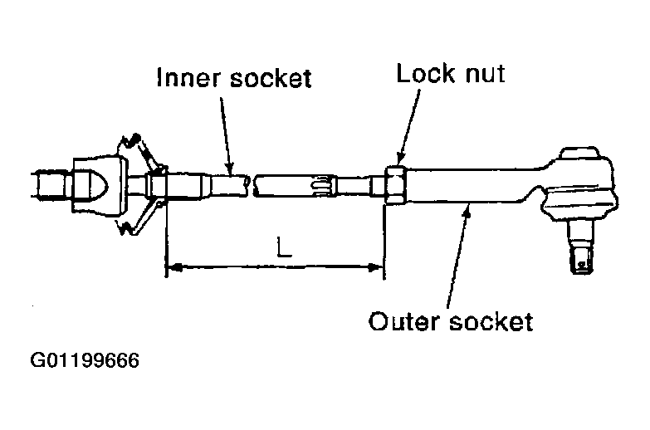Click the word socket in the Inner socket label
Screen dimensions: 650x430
tap(271, 78)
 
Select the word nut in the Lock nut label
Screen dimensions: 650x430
tap(485, 75)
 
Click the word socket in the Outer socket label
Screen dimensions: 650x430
tap(491, 321)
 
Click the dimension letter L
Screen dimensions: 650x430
tap(284, 247)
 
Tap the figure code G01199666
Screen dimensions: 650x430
tap(85, 360)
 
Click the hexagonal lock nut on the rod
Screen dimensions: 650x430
tap(394, 184)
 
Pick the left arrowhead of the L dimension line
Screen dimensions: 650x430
tap(175, 266)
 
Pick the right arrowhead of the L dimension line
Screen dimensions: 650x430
tap(374, 267)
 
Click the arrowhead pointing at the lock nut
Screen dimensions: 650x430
tap(400, 158)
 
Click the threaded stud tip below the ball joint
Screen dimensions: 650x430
tap(582, 262)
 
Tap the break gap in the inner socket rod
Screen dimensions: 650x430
tap(251, 185)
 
